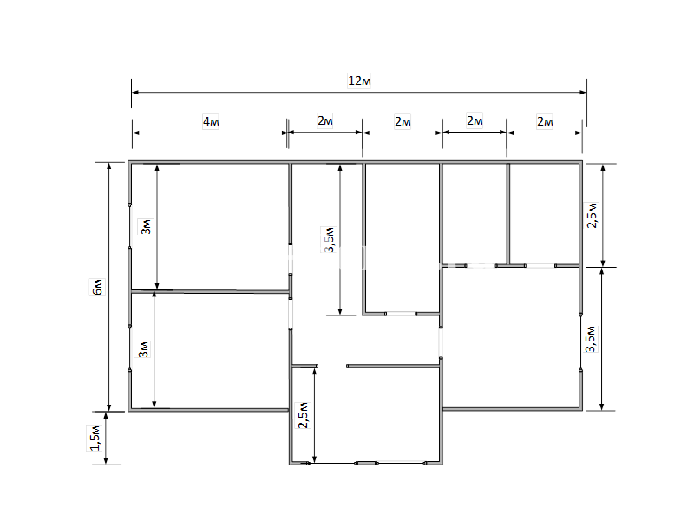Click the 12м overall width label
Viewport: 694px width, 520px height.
359,81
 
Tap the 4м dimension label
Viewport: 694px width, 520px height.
211,121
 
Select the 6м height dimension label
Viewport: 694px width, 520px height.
97,287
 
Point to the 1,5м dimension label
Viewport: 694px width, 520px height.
95,439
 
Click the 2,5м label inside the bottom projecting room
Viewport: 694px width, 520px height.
303,415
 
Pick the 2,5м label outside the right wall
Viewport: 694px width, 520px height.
593,215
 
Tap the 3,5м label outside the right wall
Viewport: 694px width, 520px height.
591,339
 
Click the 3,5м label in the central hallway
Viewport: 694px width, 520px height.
330,239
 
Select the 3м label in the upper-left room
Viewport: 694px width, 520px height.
146,226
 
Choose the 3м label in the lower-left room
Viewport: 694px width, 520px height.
143,349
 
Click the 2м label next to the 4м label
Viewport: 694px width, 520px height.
325,120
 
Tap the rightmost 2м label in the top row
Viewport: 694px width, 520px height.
545,121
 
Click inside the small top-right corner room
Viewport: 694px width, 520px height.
544,214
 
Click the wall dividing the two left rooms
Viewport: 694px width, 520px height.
210,291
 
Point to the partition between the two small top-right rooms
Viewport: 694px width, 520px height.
508,214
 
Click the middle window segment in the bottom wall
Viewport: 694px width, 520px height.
366,463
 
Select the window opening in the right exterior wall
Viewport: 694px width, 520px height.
580,341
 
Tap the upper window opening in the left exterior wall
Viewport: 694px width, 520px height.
129,226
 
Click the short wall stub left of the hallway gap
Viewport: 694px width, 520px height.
305,366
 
